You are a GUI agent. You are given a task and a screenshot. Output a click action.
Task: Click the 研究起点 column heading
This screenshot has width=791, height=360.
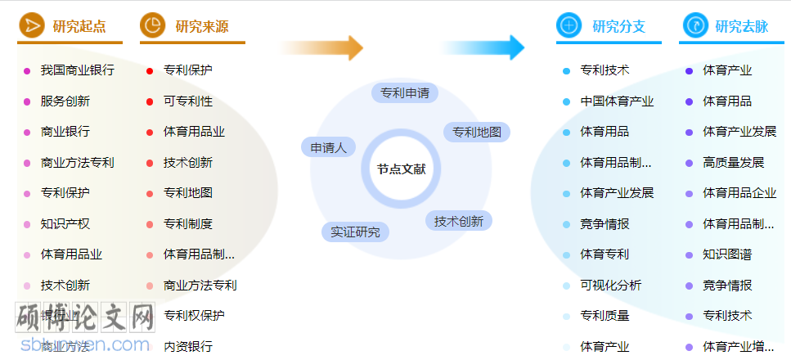tap(79, 26)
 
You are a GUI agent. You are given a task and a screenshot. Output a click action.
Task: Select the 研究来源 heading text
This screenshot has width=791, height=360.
tap(202, 26)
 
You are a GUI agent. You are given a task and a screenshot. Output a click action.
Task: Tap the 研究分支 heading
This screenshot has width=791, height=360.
tap(618, 26)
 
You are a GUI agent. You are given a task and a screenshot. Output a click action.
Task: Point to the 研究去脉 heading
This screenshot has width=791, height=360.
tap(741, 26)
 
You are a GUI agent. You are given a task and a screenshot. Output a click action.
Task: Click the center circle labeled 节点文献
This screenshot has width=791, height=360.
tap(401, 169)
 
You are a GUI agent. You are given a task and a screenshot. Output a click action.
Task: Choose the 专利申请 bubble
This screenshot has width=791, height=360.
tap(405, 92)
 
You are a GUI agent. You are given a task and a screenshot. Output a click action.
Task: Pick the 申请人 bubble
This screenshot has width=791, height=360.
tap(329, 147)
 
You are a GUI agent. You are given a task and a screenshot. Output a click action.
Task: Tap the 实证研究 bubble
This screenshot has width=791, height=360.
tap(355, 232)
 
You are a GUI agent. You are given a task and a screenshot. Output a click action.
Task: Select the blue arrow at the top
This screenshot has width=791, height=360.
tap(483, 47)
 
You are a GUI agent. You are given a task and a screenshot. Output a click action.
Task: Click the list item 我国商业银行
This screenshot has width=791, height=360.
tap(77, 70)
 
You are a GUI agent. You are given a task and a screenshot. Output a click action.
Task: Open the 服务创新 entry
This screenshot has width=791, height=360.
tap(65, 101)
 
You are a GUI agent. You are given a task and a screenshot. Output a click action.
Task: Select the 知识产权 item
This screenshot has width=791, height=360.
tap(65, 223)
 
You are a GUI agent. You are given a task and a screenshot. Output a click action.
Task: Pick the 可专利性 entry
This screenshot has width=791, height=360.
tap(187, 101)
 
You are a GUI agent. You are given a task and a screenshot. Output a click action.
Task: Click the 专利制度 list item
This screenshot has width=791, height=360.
tap(187, 223)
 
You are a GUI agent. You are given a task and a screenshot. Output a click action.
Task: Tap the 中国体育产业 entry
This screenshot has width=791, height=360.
tap(617, 101)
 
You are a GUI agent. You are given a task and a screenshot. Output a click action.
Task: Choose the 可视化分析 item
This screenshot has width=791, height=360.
tap(610, 285)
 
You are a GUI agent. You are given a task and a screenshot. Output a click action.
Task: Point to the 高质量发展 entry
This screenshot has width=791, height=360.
tap(733, 162)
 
